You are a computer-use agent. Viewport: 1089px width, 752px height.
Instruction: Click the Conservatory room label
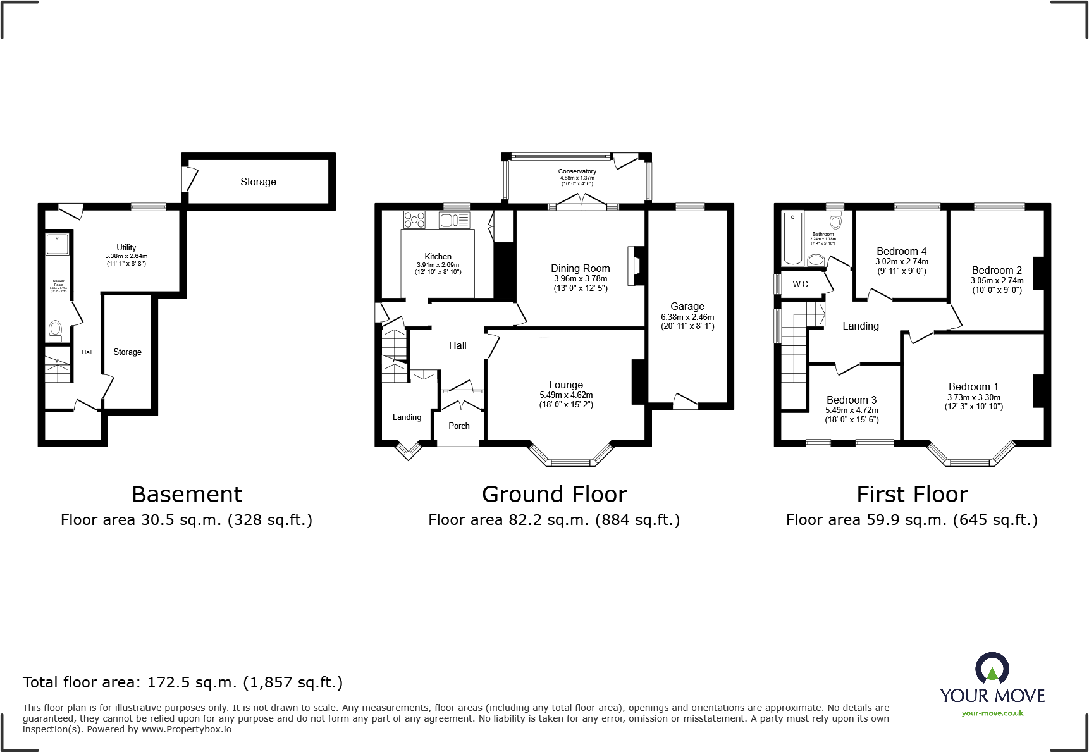coord(577,171)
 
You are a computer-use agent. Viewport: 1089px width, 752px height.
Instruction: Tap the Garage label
coord(687,306)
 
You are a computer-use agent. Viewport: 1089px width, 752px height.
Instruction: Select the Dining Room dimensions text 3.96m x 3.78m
coord(581,278)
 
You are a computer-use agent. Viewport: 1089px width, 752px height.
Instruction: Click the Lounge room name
coord(566,385)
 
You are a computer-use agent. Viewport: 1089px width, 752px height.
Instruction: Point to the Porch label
coord(459,426)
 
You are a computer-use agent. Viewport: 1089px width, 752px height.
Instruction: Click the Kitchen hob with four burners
coord(415,219)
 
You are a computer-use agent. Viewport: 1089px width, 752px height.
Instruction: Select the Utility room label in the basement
coord(126,247)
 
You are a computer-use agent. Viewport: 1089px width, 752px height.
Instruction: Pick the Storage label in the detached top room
coord(258,182)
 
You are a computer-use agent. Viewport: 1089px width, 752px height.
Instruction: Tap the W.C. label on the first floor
coord(801,284)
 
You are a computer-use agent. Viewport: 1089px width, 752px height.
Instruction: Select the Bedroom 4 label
coord(901,251)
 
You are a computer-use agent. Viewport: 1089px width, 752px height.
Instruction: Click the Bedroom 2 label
coord(997,270)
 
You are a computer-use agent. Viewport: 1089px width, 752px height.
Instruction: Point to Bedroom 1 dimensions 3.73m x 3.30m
coord(974,397)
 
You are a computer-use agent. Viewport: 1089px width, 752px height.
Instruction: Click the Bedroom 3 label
coord(851,400)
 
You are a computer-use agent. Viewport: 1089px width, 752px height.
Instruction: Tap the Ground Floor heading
coord(554,494)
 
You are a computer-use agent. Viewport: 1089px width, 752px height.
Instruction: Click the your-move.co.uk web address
coord(992,713)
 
